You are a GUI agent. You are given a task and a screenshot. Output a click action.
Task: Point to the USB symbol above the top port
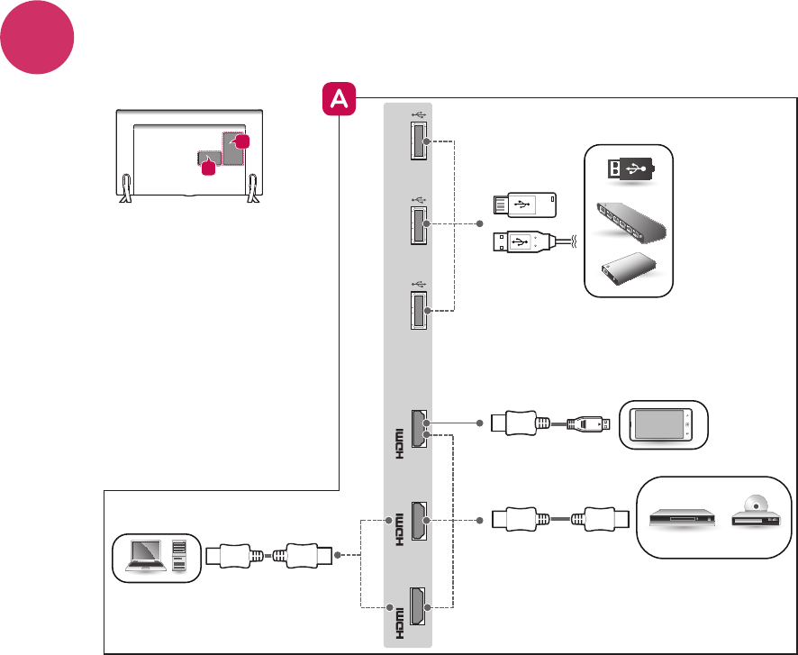(x=420, y=114)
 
